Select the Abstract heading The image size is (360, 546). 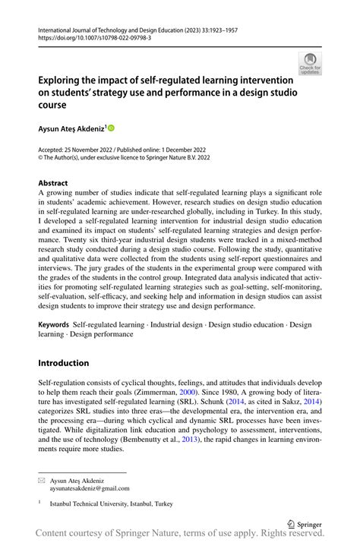pyautogui.click(x=52, y=183)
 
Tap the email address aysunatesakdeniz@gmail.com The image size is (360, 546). pyautogui.click(x=90, y=489)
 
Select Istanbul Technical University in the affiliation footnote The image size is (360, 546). pyautogui.click(x=99, y=503)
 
